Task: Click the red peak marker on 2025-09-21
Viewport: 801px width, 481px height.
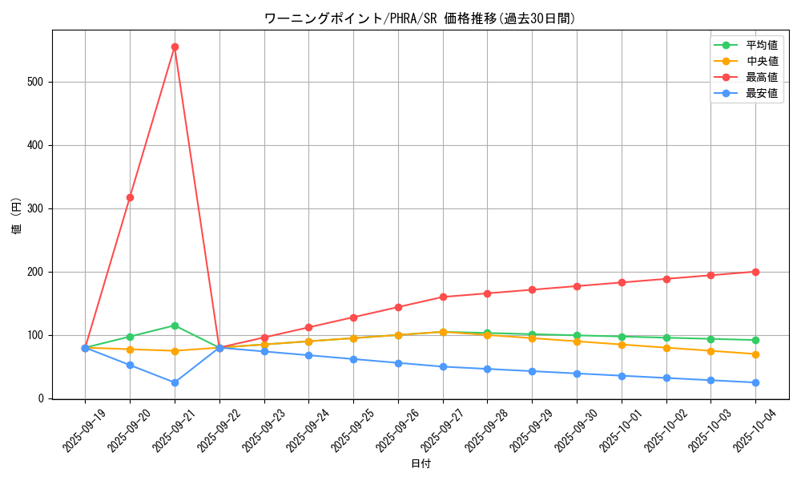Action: click(175, 46)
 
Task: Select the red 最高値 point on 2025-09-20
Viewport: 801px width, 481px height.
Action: click(130, 197)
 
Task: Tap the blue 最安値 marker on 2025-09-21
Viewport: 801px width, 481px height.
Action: click(175, 382)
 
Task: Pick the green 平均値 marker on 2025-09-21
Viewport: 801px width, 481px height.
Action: click(175, 325)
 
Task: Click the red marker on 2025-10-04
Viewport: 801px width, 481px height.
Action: click(755, 272)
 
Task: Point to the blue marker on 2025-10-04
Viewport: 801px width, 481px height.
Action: click(755, 382)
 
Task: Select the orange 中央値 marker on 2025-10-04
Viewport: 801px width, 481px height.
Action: click(755, 354)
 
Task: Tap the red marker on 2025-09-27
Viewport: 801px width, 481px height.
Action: click(443, 297)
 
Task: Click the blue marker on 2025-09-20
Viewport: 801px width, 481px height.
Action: click(130, 365)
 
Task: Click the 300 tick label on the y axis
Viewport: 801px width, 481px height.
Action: click(37, 208)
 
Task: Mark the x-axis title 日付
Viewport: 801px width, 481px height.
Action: click(421, 463)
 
